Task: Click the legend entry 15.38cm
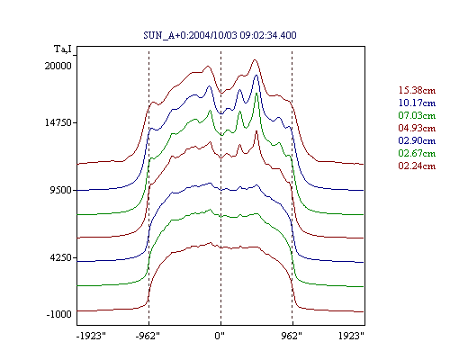[x=417, y=90]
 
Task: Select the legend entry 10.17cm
[x=417, y=103]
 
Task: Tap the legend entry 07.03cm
[x=417, y=115]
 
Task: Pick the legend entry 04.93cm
[x=417, y=128]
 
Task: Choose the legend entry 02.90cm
[x=417, y=140]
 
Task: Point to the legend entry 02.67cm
[x=417, y=153]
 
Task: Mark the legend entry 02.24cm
[x=417, y=166]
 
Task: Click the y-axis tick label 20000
[x=58, y=66]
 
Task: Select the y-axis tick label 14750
[x=58, y=122]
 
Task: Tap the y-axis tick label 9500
[x=61, y=190]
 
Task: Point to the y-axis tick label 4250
[x=61, y=257]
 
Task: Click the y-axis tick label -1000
[x=59, y=314]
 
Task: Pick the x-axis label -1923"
[x=91, y=336]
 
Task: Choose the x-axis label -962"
[x=148, y=336]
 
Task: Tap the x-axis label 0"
[x=220, y=336]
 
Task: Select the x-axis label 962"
[x=292, y=336]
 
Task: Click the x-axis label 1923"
[x=351, y=336]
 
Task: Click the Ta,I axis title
[x=63, y=49]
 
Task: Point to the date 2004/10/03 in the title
[x=213, y=35]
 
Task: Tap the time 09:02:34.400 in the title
[x=268, y=35]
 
